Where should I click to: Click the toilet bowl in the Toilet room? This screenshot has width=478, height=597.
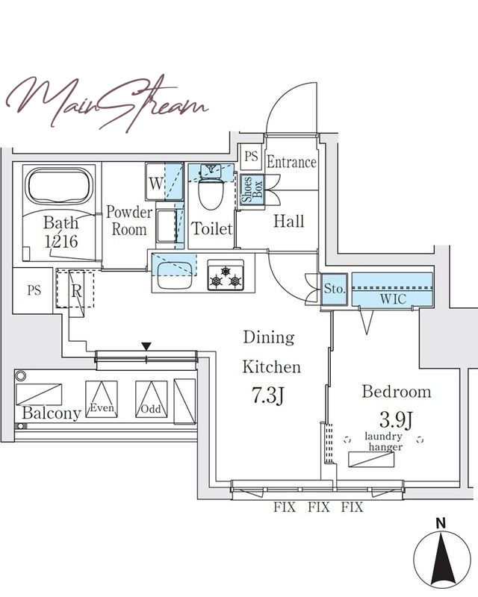click(211, 193)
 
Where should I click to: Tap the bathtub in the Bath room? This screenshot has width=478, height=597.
click(60, 187)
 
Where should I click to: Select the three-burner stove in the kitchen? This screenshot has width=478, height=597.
click(226, 275)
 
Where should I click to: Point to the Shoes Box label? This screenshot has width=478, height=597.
click(252, 190)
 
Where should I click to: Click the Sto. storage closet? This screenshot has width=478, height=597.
click(335, 290)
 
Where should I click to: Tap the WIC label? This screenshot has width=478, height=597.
click(393, 299)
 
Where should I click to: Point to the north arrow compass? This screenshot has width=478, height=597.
click(442, 559)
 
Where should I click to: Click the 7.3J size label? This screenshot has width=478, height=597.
click(267, 395)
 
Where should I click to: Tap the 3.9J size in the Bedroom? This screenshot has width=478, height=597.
click(396, 419)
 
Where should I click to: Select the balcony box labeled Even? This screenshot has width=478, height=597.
click(102, 399)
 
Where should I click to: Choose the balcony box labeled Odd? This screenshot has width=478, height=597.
click(151, 399)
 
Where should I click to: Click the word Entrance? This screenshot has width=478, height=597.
click(291, 162)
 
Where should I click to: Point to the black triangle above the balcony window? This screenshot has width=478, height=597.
click(146, 346)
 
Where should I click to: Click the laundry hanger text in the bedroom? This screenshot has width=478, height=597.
click(383, 441)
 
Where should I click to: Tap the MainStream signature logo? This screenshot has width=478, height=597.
click(108, 104)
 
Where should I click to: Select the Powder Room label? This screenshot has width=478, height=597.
click(128, 221)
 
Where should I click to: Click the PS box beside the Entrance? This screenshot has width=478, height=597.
click(251, 157)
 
